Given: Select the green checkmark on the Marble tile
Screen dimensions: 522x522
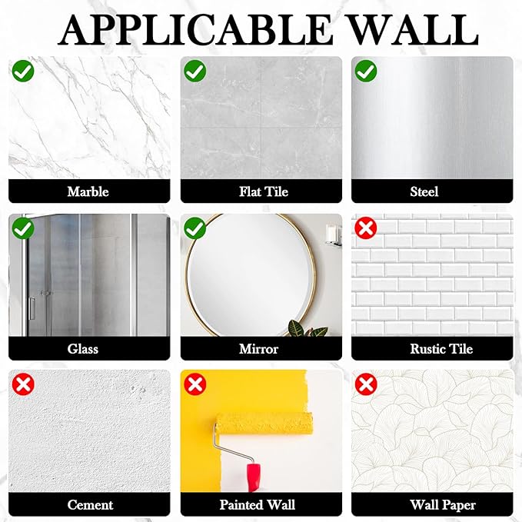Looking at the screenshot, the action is click(x=23, y=71).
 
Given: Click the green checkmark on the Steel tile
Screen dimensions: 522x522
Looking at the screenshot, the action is click(x=366, y=71).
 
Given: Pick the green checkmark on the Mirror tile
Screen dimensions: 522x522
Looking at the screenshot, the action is click(x=195, y=228).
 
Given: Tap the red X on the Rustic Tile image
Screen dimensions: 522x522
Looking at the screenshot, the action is click(x=366, y=228).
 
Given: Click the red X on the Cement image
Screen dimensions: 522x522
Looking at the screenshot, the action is click(x=23, y=384).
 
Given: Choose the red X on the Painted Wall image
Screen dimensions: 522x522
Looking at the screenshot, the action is click(x=195, y=384).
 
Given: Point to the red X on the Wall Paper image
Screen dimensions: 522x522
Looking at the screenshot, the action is click(x=366, y=384).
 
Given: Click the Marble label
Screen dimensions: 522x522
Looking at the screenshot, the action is click(x=88, y=191).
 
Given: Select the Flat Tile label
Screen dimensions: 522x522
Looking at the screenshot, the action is click(x=264, y=191).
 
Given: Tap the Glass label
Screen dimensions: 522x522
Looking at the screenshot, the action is click(x=82, y=349).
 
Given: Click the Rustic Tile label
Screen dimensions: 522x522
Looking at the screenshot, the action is click(x=441, y=349).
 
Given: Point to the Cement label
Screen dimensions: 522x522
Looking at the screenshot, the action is click(x=90, y=504).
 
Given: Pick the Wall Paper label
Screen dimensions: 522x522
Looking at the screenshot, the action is click(x=443, y=505).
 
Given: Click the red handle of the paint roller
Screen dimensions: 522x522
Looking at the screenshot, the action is click(x=254, y=477).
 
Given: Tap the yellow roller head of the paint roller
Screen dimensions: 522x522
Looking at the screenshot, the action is click(x=264, y=423).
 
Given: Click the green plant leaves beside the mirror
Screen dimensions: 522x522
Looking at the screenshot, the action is click(x=308, y=329).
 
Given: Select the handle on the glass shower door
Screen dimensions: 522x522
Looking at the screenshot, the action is click(x=32, y=309).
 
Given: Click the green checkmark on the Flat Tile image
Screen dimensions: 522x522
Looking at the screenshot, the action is click(x=195, y=71).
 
